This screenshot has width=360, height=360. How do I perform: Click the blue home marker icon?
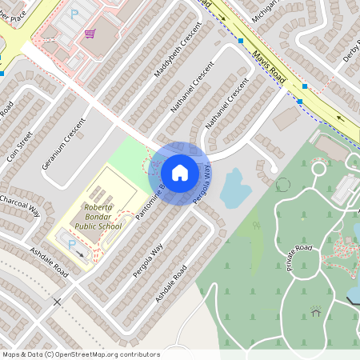[180, 172]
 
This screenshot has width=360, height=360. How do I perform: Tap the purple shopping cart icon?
[90, 33]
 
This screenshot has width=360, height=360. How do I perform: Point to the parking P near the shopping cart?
[74, 14]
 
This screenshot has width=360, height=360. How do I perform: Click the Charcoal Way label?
[19, 204]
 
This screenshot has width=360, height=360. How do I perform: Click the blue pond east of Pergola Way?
[235, 189]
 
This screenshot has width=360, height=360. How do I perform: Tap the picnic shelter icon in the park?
[316, 310]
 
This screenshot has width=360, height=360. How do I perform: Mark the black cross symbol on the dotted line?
[57, 302]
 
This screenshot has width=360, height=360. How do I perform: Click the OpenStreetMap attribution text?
[81, 354]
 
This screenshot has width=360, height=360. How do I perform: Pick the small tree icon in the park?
[257, 226]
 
